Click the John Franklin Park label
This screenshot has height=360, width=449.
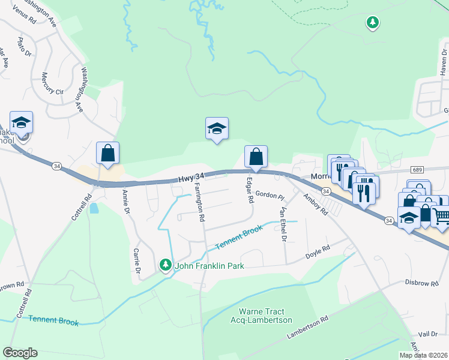(209, 265)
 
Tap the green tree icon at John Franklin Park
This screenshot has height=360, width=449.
(166, 264)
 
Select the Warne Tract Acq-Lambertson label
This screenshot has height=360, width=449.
(265, 316)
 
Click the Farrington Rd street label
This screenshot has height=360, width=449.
(197, 203)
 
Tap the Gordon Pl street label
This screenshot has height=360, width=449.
(269, 194)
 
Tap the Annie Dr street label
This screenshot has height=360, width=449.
(126, 202)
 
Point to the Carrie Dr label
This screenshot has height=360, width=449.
(137, 262)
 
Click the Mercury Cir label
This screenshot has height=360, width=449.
(52, 85)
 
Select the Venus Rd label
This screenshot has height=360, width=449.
(24, 11)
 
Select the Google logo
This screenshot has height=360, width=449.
(20, 353)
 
